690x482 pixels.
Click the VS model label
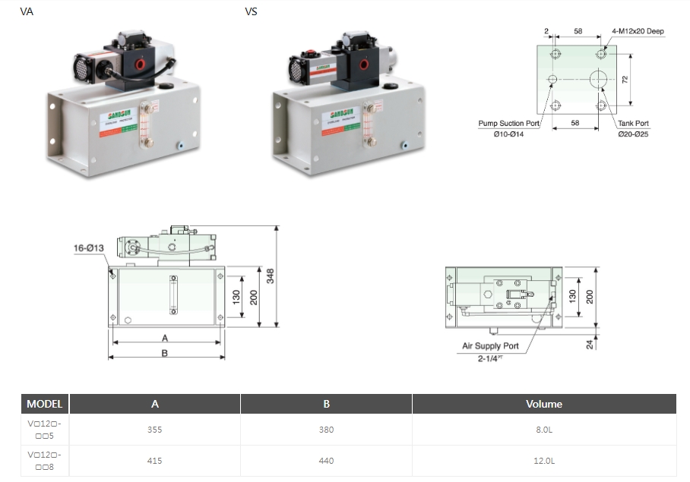coord(251,11)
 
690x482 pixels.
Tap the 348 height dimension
coord(270,276)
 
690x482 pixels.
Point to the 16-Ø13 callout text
coord(89,247)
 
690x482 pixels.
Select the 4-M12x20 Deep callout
coord(638,31)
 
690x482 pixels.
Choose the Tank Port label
coord(632,124)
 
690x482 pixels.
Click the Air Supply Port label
coord(491,346)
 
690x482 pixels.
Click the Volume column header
coord(544,404)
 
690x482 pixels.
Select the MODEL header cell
coord(45,404)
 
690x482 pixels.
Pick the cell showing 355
coord(155,430)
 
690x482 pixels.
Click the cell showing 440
coord(327,460)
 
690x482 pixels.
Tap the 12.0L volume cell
coord(544,460)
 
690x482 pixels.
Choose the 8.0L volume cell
coord(544,430)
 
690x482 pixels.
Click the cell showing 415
coord(155,460)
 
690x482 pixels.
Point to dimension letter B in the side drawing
coord(164,353)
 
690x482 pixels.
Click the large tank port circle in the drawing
coord(600,80)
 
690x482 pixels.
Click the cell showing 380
coord(327,430)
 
